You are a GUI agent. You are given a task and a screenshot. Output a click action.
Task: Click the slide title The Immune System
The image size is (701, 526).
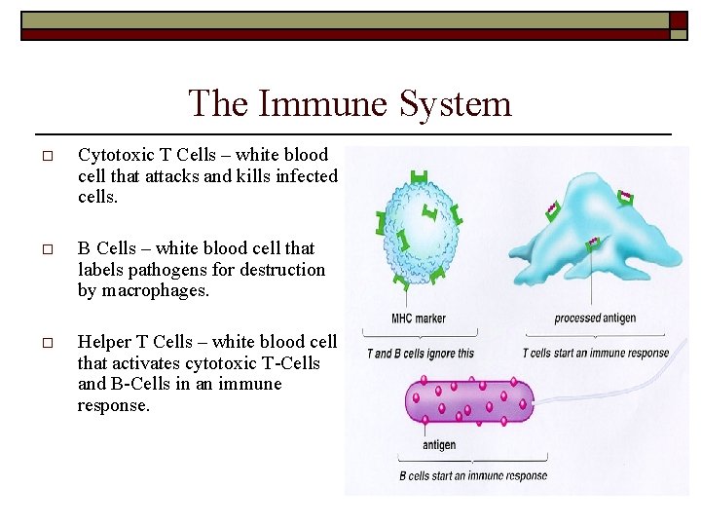(x=350, y=103)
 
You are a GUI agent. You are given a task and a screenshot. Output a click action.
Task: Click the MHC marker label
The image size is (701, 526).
(x=418, y=319)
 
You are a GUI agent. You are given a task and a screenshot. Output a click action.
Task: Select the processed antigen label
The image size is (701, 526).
(x=594, y=319)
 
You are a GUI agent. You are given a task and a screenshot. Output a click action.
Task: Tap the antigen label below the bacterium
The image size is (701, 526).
(x=439, y=445)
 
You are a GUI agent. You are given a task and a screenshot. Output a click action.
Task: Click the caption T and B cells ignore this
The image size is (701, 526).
(x=420, y=353)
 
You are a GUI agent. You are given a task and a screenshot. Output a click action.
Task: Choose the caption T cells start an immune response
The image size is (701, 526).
(x=595, y=353)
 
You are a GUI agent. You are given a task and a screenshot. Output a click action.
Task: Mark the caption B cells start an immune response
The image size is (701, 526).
(x=473, y=476)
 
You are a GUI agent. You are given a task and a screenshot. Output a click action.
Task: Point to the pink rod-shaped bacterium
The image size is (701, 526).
(x=469, y=400)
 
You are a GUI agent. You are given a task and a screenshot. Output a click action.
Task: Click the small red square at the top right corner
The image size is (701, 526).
(x=679, y=19)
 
